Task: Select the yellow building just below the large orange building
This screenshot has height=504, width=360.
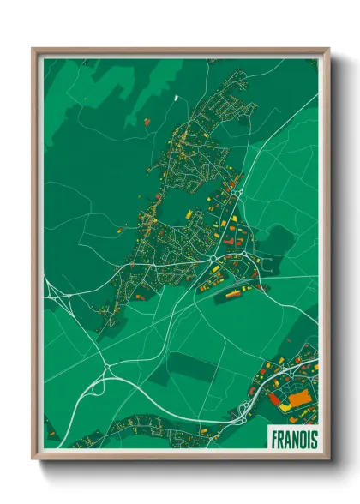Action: (x=285, y=408)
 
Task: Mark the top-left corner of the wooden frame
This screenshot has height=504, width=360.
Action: (x=33, y=49)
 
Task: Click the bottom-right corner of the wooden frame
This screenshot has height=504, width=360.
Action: (x=328, y=459)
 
